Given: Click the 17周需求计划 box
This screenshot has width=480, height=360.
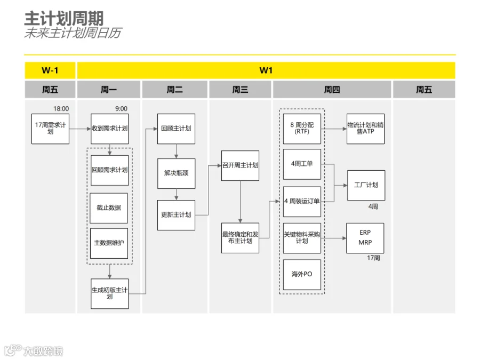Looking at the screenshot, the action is (50, 129).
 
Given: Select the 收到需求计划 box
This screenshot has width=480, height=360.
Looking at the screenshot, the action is (109, 129).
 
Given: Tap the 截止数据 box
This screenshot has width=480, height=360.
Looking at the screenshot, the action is (109, 208).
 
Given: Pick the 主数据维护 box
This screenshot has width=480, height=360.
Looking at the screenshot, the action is (109, 243).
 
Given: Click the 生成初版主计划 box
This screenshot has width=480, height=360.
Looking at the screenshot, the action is (109, 293).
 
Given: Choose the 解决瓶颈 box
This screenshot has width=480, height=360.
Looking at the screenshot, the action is (177, 173).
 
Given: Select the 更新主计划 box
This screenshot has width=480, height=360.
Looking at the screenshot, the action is (177, 215).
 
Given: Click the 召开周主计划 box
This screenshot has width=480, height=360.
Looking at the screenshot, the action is (241, 166).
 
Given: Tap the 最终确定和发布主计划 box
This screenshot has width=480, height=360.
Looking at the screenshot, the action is (241, 238).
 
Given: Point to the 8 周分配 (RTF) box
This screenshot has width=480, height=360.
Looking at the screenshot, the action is (302, 129).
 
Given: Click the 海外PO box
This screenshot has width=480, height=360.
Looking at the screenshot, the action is (302, 275).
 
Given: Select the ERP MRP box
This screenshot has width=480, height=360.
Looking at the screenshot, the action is (365, 238).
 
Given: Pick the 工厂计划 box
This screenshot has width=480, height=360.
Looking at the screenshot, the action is (366, 186).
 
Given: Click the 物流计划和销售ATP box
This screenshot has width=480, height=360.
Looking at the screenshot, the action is (365, 129).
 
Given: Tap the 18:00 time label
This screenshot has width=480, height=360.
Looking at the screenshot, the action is (61, 109).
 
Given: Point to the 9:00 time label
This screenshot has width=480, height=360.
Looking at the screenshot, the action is (121, 109).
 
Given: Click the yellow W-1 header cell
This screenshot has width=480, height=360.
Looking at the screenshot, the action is (50, 70).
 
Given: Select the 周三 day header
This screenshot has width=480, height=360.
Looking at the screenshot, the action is (241, 90).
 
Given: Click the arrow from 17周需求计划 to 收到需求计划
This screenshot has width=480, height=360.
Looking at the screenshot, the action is (80, 129).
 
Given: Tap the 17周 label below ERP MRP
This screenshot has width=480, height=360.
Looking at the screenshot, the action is (373, 258).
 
